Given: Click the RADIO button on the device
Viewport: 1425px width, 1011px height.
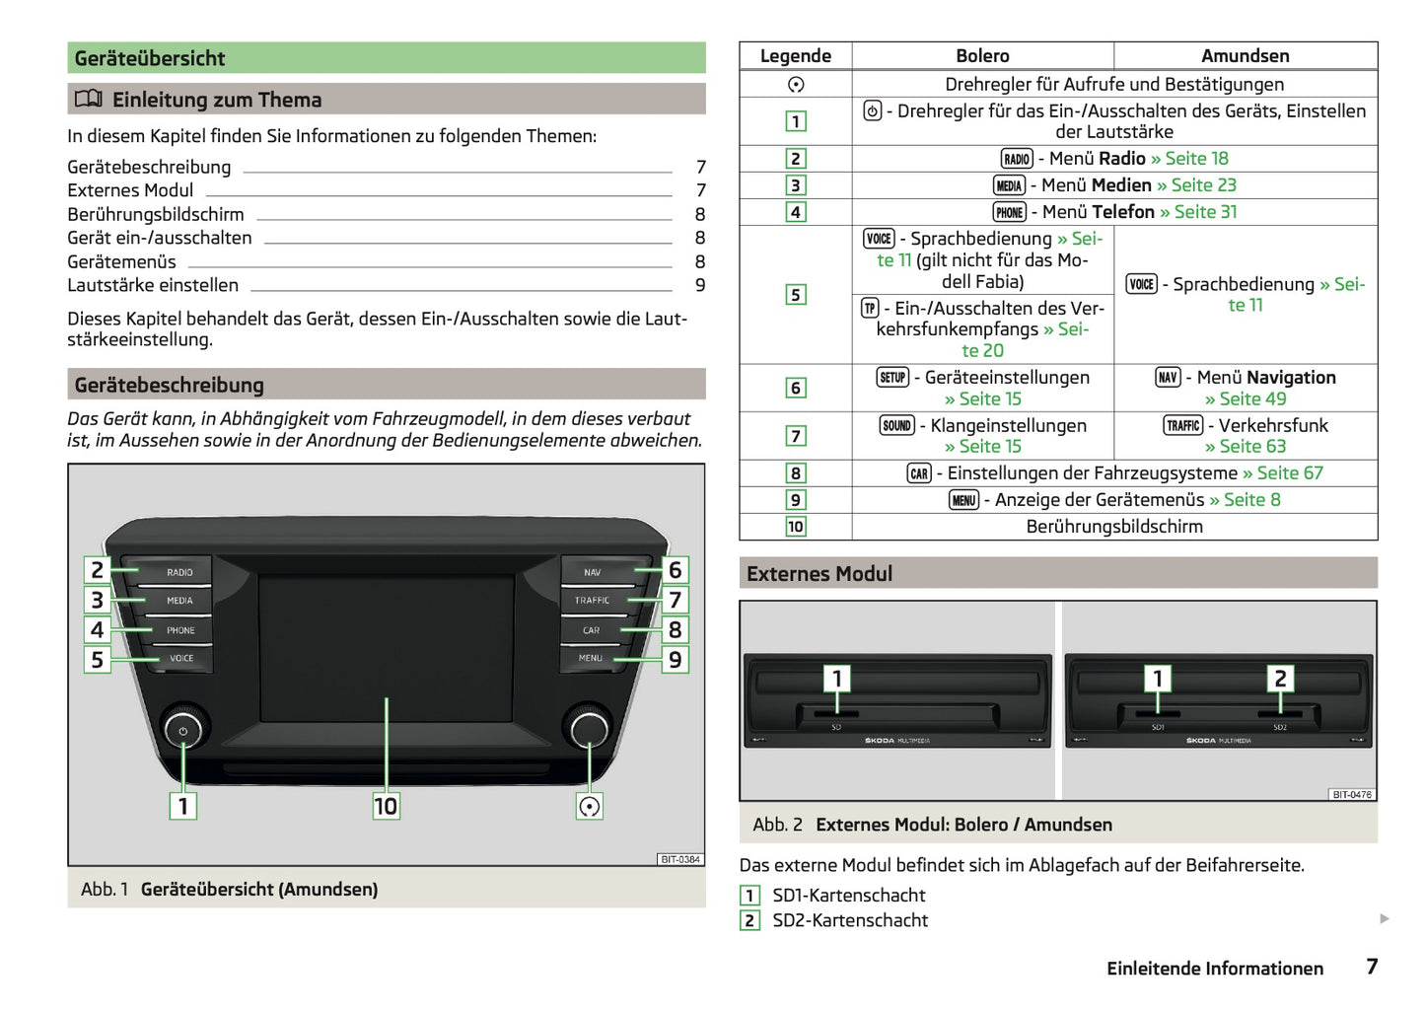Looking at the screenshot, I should point(178,572).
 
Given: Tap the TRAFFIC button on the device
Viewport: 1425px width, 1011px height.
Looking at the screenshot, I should point(592,600).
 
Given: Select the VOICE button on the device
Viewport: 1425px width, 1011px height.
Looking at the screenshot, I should point(181,658).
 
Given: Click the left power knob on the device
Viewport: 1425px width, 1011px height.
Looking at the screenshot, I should point(182,731).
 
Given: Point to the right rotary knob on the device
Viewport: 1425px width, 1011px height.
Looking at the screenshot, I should point(589,729).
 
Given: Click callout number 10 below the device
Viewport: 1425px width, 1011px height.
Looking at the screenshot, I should point(386,806).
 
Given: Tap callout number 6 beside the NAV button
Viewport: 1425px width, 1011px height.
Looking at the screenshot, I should point(675,570).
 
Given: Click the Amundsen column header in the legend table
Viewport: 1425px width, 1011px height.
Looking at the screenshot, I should point(1245,56).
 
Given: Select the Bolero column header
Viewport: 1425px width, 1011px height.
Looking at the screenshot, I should point(982,56).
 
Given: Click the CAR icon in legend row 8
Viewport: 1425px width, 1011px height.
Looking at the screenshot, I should point(919,473).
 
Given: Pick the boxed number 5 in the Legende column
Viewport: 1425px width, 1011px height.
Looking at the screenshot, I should point(795,295).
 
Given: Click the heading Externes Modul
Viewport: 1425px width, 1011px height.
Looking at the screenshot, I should point(819,574).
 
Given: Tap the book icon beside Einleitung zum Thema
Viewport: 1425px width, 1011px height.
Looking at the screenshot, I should point(89,99).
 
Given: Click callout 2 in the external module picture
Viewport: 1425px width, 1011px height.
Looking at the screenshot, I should point(1280,678).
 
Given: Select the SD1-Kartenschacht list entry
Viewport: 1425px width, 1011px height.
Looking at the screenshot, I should point(848,896).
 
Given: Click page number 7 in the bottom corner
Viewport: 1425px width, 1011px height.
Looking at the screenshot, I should point(1372,967).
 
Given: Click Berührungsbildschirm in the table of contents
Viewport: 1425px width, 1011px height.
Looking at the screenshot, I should point(156,214).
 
